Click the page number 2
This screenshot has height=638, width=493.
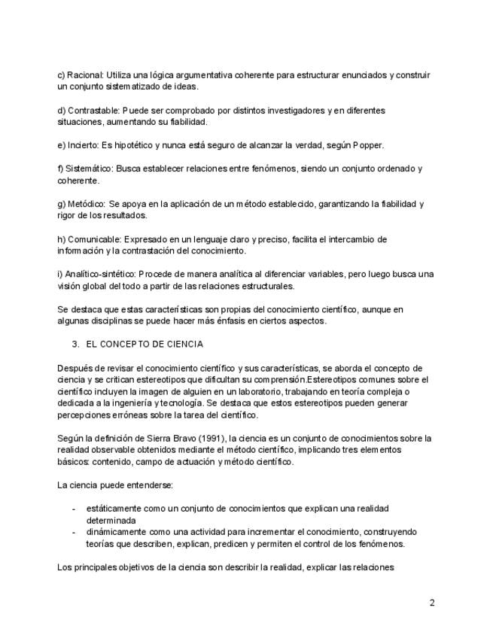(432, 603)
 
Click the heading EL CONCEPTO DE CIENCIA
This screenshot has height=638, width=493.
(145, 344)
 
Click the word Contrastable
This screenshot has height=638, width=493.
(93, 111)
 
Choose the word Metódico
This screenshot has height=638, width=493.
(87, 204)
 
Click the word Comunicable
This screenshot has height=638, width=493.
(93, 239)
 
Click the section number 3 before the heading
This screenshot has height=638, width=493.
(75, 344)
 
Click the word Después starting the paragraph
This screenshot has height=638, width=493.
(76, 367)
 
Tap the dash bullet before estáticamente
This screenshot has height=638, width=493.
(73, 509)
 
